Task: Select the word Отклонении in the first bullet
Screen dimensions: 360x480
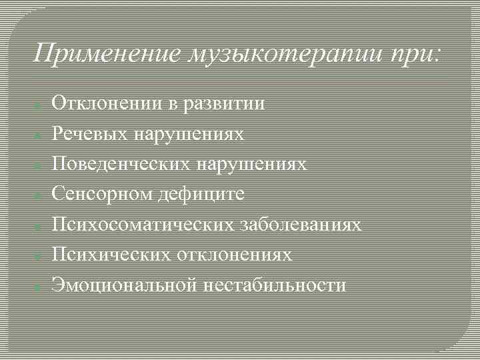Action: pos(105,103)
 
